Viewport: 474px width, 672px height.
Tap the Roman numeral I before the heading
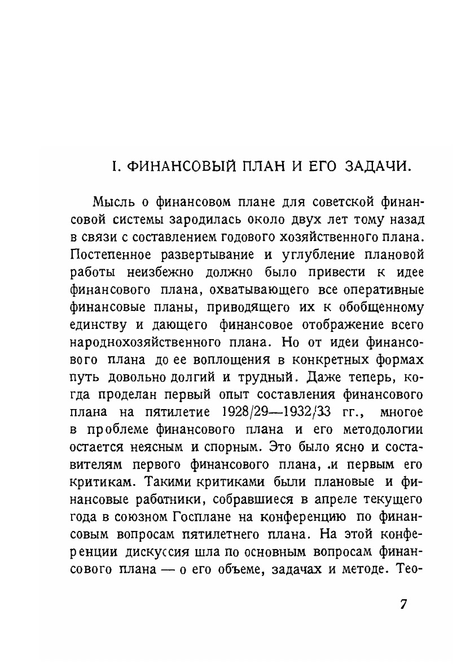[x=114, y=167]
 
